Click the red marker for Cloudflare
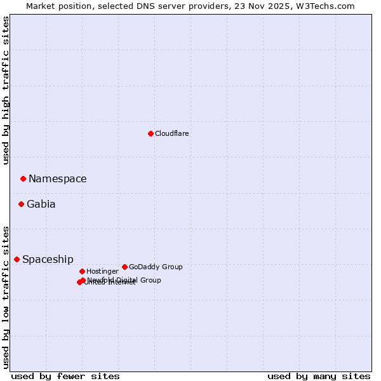(150, 133)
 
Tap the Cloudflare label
(171, 133)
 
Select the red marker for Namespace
(23, 178)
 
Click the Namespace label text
(57, 179)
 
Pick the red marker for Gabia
(21, 204)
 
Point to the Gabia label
(41, 204)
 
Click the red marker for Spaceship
(17, 259)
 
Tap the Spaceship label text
(48, 259)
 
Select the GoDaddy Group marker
(124, 267)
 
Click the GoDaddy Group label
(156, 267)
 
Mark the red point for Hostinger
(82, 271)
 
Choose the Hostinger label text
(102, 271)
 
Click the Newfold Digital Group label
(124, 279)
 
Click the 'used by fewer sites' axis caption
(65, 376)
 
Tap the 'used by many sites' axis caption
(319, 376)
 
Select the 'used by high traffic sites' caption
(6, 90)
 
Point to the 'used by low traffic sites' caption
(6, 297)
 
